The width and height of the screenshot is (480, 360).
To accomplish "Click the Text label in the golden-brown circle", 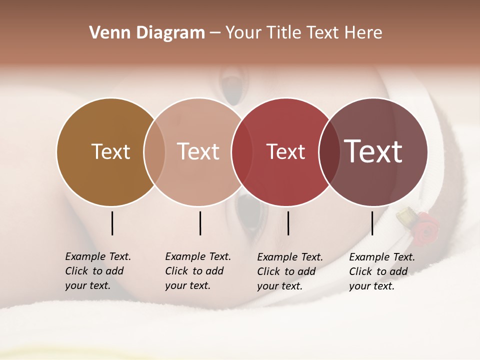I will coord(110,151).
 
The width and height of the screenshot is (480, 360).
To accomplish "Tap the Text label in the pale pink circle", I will coord(198,151).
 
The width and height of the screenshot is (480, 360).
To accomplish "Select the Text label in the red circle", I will coord(285,152).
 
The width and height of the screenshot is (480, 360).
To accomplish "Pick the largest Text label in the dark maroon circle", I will coord(373,151).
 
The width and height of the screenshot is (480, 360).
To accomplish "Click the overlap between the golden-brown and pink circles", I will coord(154,151).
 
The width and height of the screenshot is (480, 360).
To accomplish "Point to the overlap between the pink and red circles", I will coord(242,151).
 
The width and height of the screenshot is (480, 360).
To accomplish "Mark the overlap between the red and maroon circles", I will coord(329,151).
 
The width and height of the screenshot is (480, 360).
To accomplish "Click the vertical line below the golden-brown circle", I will coord(112,223).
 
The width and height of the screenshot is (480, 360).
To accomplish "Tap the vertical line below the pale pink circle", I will coord(200,223).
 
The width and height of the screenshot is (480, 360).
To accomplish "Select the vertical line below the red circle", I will coord(288,223).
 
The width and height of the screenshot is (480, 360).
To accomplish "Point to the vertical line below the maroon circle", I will coord(372,223).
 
